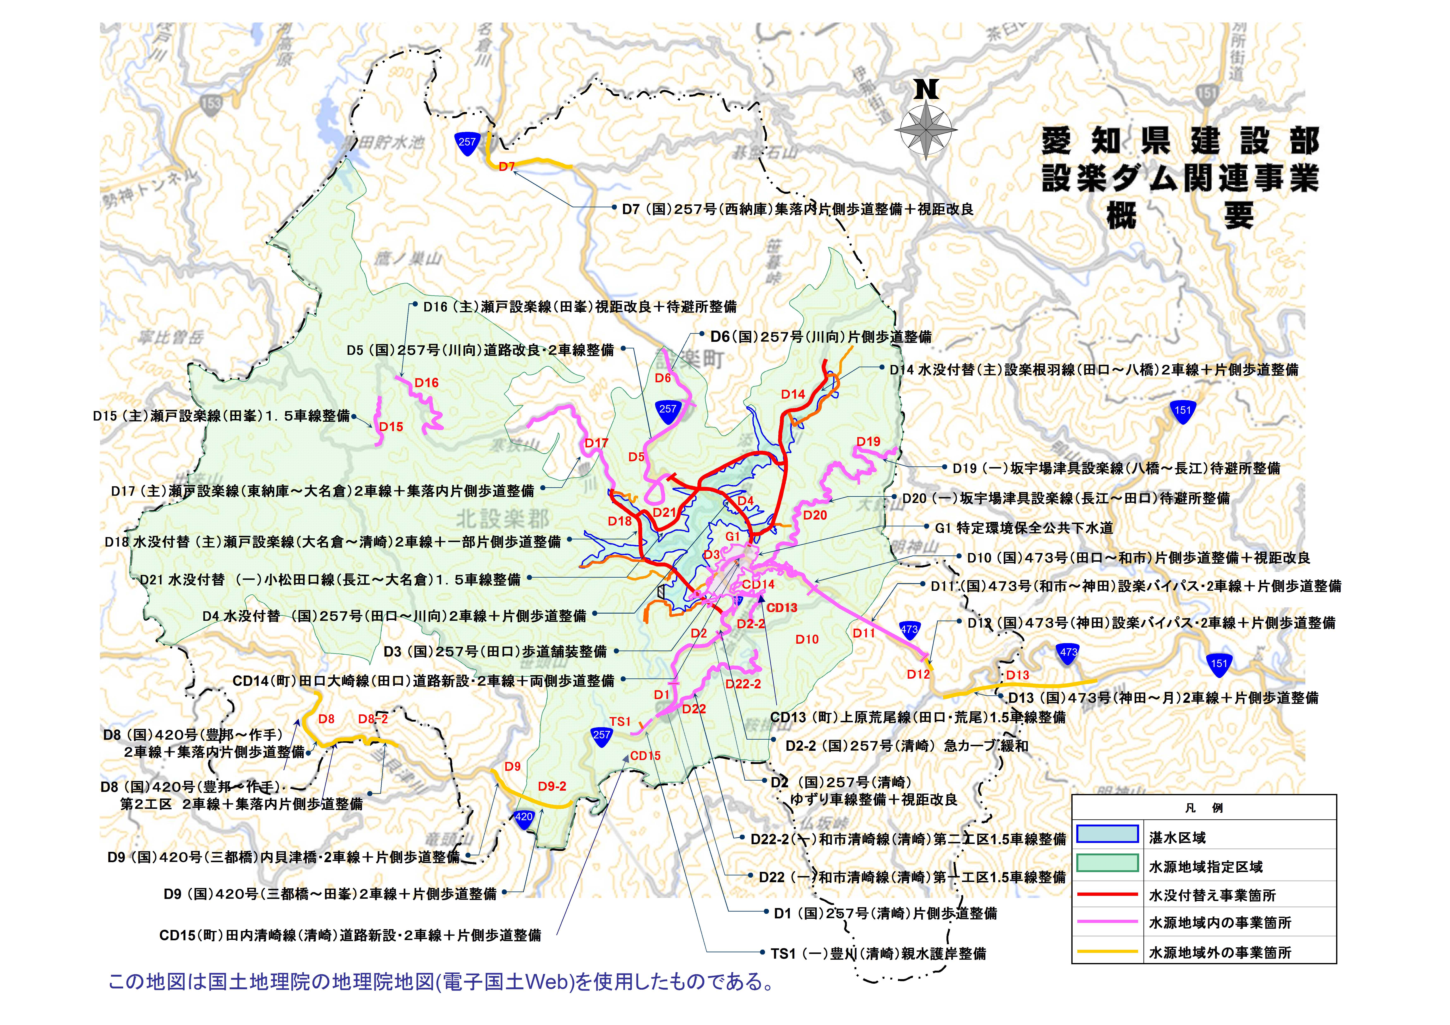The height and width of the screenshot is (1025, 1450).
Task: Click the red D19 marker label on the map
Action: [x=868, y=441]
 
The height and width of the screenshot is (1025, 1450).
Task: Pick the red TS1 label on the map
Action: [x=620, y=721]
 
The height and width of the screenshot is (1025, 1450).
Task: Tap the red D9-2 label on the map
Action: [x=552, y=786]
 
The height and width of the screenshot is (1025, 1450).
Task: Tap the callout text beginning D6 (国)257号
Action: [x=821, y=337]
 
